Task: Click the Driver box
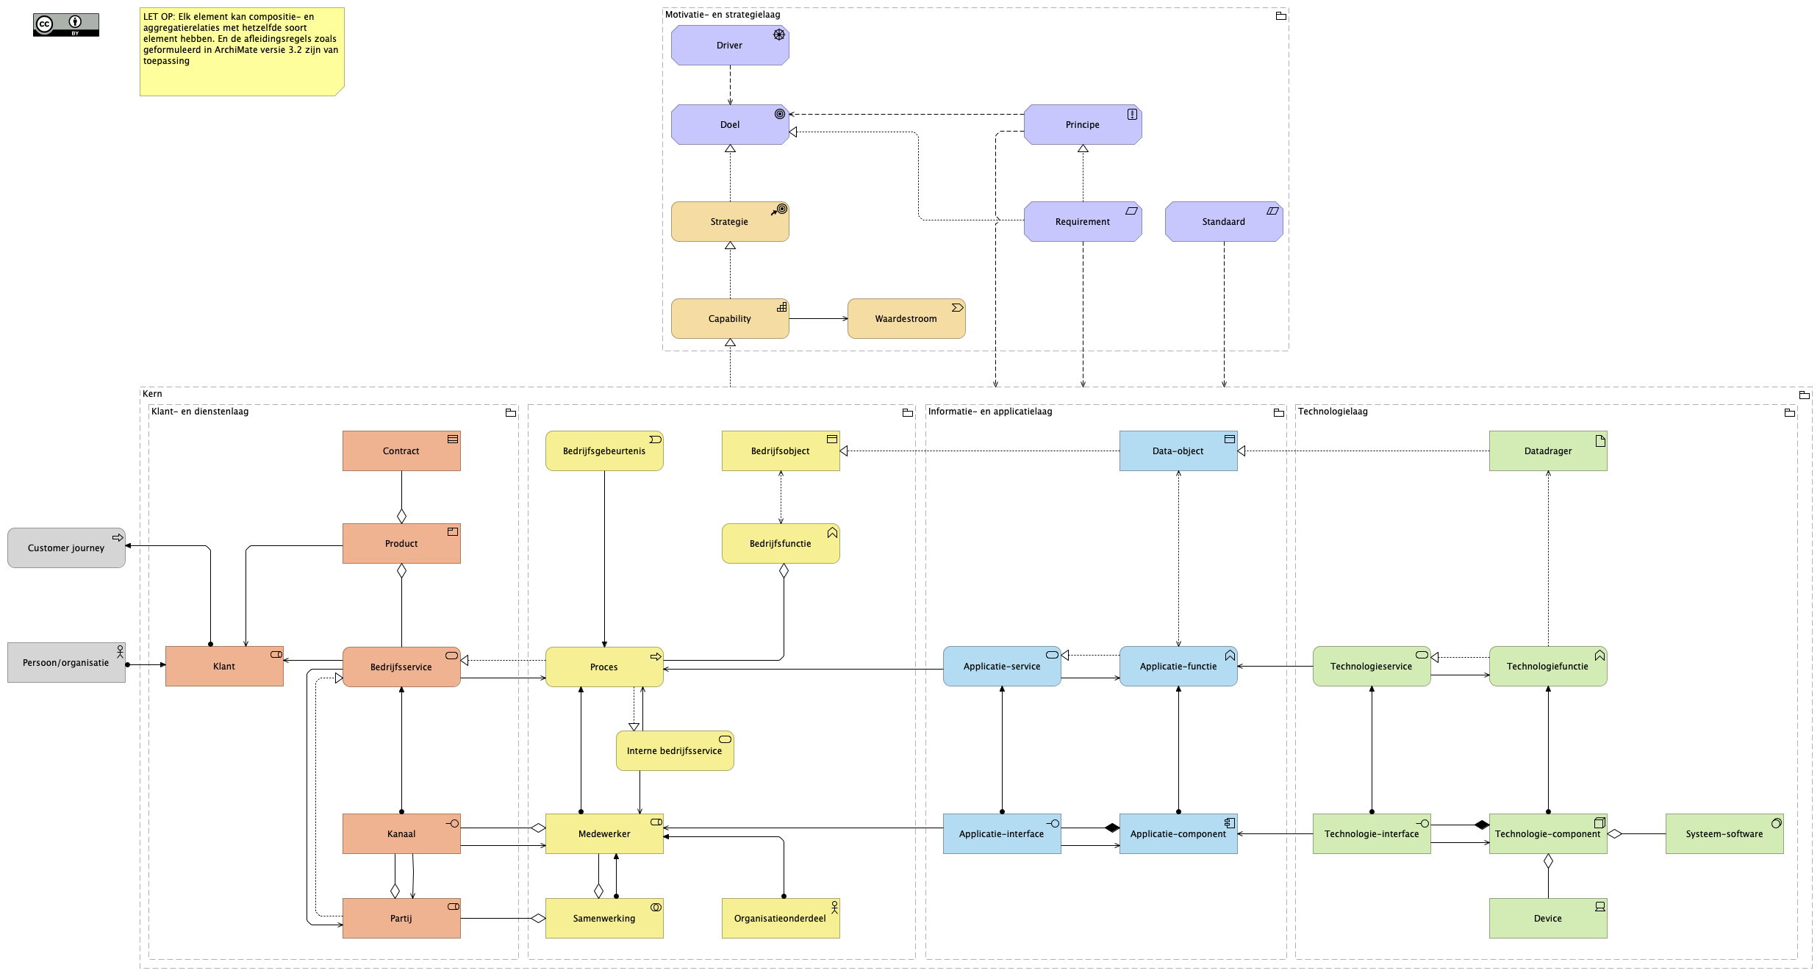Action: point(729,46)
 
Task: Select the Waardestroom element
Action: point(906,319)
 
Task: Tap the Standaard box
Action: point(1223,222)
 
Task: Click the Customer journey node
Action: point(66,548)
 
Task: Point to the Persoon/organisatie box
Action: point(66,663)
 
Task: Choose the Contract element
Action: point(401,451)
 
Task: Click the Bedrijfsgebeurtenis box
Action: point(603,451)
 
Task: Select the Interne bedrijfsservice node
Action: point(674,751)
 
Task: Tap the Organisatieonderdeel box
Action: point(780,919)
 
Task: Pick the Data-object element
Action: point(1178,451)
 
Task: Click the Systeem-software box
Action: point(1724,834)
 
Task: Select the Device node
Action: point(1547,919)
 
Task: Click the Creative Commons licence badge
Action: point(66,25)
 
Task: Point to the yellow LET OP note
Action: point(241,51)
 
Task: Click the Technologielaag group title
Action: point(1333,412)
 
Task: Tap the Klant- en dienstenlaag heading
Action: point(200,412)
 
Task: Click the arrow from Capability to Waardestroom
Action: point(817,319)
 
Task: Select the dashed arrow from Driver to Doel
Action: point(730,85)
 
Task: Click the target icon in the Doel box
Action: point(779,114)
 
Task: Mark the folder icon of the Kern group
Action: point(1804,395)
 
